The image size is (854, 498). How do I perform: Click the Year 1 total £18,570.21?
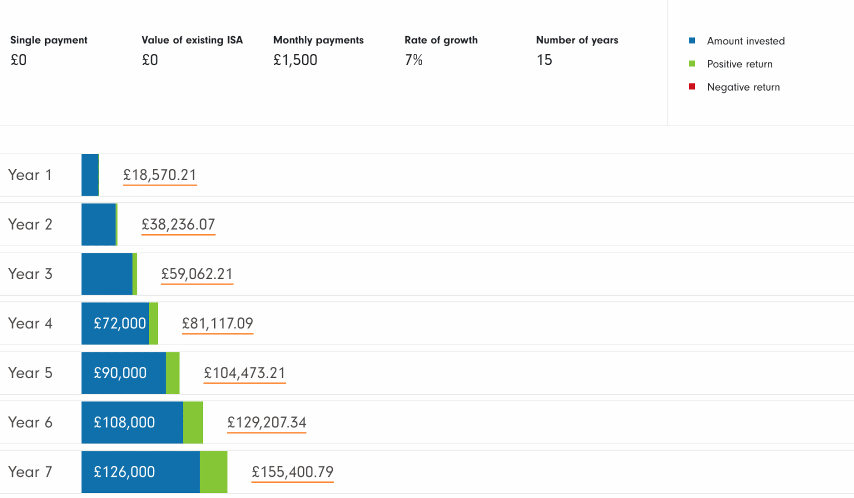tap(160, 175)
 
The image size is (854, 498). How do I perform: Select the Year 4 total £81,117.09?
tap(217, 323)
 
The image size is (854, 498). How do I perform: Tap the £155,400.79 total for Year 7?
tap(292, 472)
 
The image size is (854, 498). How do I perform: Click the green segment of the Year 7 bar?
tap(213, 472)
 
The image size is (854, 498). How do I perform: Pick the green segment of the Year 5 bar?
tap(172, 373)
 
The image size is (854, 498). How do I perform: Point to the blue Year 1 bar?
tap(90, 175)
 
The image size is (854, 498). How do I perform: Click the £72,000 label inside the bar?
tap(120, 323)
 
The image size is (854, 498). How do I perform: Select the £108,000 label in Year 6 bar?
tap(124, 422)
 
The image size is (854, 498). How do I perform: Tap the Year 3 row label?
tap(30, 274)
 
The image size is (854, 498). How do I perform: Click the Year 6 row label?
tap(30, 422)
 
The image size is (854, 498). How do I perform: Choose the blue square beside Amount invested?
tap(692, 41)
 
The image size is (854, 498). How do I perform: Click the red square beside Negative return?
tap(692, 87)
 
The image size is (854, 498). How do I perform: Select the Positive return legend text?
tap(739, 64)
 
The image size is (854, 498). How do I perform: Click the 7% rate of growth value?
tap(414, 60)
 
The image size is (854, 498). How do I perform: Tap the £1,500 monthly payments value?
tap(295, 60)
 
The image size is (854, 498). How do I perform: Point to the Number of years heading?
tap(577, 40)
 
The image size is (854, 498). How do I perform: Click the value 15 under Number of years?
tap(544, 60)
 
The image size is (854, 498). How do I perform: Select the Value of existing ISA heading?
tap(192, 40)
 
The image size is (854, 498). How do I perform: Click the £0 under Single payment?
tap(18, 60)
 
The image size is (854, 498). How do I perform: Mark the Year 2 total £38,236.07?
tap(178, 225)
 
